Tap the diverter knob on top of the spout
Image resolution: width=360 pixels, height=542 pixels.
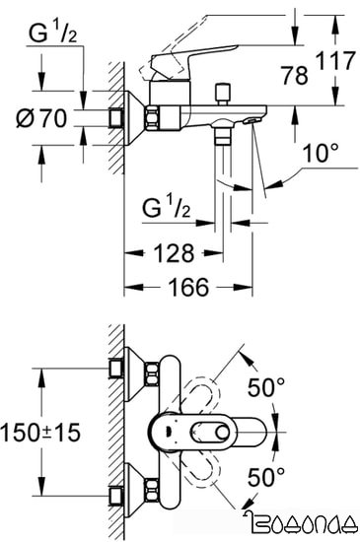[x=222, y=95]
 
